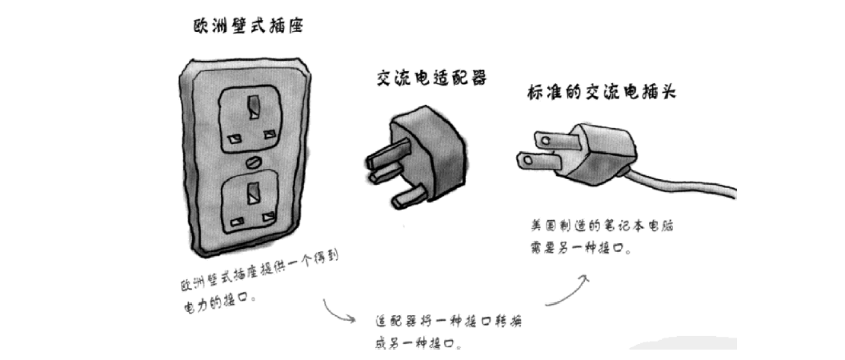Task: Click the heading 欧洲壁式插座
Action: point(248,26)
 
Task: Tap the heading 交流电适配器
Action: point(431,78)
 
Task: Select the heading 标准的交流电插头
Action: point(601,92)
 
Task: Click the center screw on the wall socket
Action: point(252,162)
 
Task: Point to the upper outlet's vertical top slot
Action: point(253,107)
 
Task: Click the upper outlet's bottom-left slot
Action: point(234,138)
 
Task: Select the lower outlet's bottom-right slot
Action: point(268,219)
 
